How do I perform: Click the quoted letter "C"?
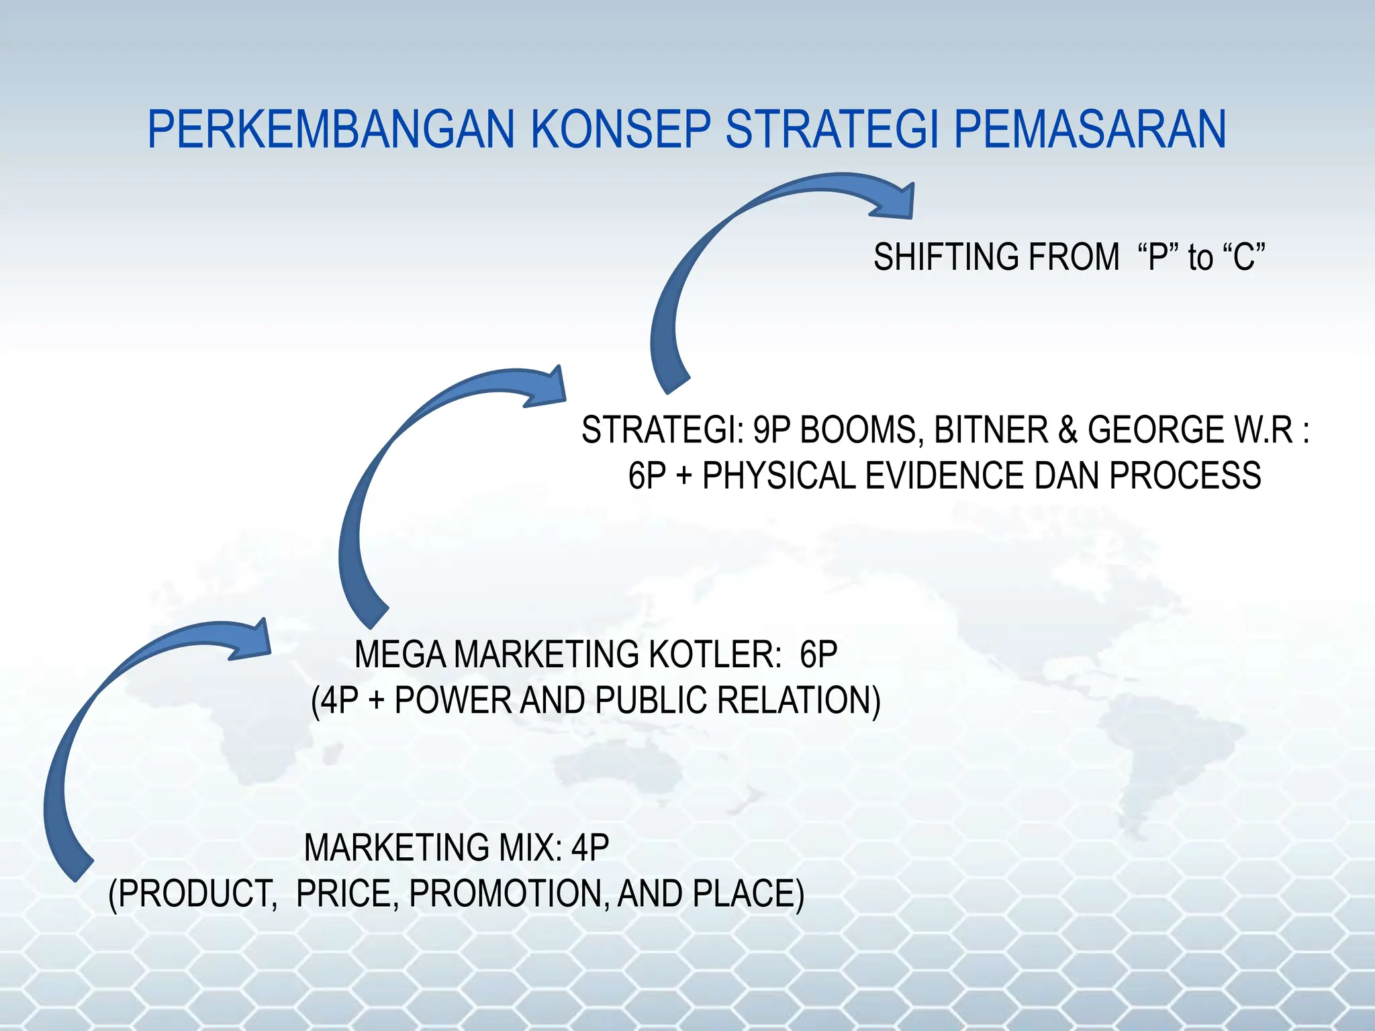(x=1243, y=257)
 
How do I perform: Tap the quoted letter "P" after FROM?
(x=1159, y=257)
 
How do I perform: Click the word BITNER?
(x=991, y=430)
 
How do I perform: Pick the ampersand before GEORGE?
(x=1068, y=430)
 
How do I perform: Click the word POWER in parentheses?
(x=453, y=700)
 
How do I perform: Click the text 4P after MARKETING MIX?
(x=589, y=847)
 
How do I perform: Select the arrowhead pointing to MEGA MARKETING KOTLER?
(x=254, y=638)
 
